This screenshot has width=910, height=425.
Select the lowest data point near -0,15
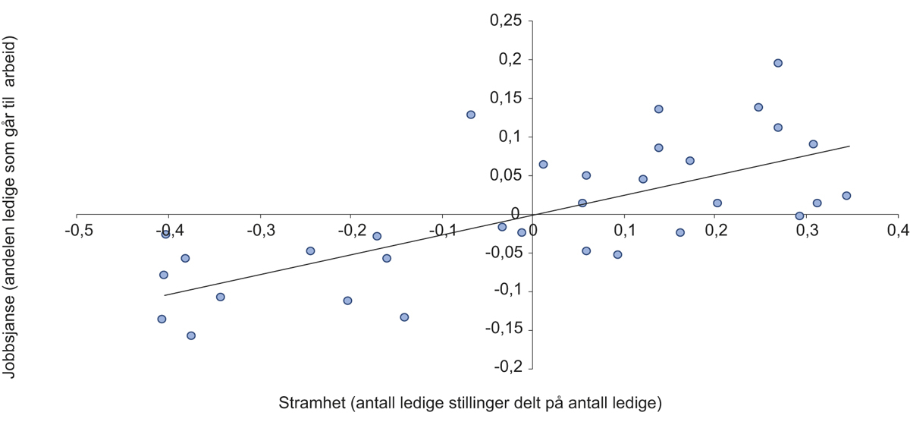point(191,335)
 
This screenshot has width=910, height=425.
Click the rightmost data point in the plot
point(846,196)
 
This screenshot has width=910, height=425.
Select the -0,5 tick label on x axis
point(77,229)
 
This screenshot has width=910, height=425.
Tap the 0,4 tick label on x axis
point(898,229)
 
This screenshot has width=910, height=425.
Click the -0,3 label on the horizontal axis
point(259,229)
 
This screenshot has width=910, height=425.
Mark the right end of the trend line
point(850,146)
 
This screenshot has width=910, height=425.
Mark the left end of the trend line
point(164,295)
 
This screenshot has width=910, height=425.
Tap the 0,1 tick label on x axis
point(624,229)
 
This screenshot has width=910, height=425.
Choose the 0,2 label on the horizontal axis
point(715,229)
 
